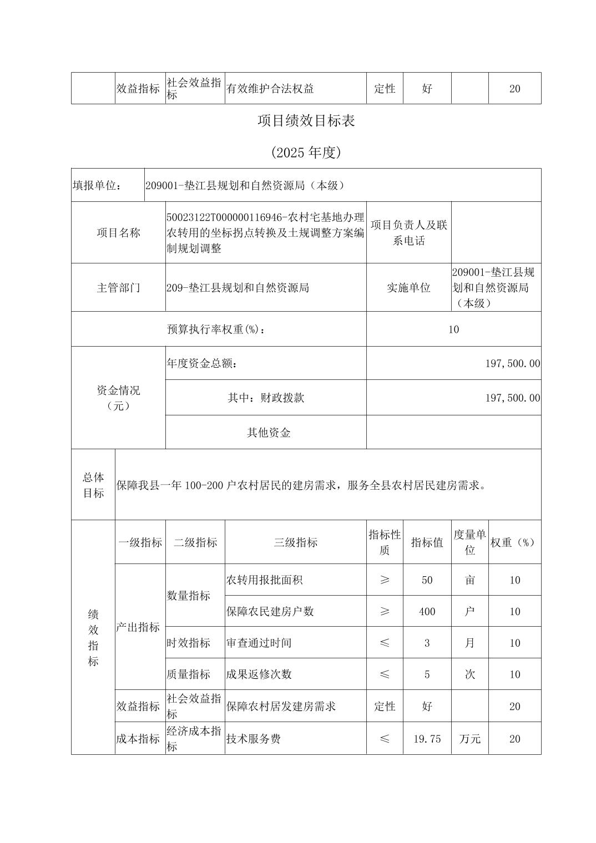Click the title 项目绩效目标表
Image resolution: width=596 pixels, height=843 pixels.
pyautogui.click(x=306, y=121)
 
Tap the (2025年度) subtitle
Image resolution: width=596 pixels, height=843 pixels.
pyautogui.click(x=306, y=153)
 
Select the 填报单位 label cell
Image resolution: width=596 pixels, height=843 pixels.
pyautogui.click(x=98, y=185)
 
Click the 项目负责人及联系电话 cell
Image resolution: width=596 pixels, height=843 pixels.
pyautogui.click(x=408, y=232)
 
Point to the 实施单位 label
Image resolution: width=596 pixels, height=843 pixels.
pyautogui.click(x=408, y=287)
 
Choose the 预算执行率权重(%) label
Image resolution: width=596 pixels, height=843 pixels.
pyautogui.click(x=216, y=329)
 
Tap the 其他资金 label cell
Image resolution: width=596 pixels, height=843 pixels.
pyautogui.click(x=269, y=433)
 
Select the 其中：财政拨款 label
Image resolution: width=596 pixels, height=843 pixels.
pyautogui.click(x=266, y=398)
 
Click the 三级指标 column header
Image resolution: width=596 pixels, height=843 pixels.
pyautogui.click(x=295, y=542)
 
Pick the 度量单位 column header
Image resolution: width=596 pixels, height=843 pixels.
pyautogui.click(x=469, y=542)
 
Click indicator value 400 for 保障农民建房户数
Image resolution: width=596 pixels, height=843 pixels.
pyautogui.click(x=427, y=611)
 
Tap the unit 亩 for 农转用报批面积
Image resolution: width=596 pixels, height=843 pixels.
pyautogui.click(x=469, y=580)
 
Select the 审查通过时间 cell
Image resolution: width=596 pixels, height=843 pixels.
pyautogui.click(x=259, y=643)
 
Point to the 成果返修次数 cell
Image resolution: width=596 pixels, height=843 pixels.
pyautogui.click(x=259, y=674)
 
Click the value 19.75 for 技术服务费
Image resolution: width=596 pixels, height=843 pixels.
pyautogui.click(x=427, y=739)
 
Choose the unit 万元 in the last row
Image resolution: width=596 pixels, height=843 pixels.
pyautogui.click(x=469, y=739)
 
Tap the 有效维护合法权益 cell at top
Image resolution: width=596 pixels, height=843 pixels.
pyautogui.click(x=270, y=88)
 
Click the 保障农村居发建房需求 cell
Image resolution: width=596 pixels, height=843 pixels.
pyautogui.click(x=281, y=707)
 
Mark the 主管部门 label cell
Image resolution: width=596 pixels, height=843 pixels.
pyautogui.click(x=118, y=287)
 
